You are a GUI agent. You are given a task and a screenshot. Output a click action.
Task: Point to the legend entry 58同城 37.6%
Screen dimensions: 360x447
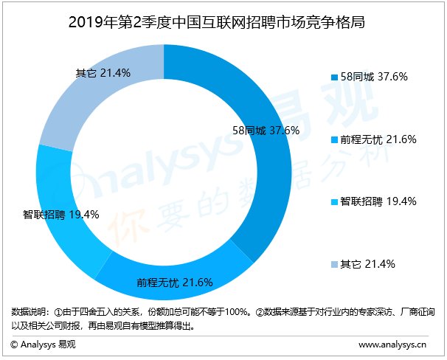(x=373, y=76)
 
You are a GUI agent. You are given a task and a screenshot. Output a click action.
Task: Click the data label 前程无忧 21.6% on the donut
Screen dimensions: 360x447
(x=175, y=282)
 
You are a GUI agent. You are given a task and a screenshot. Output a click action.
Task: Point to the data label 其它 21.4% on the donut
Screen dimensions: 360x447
(x=103, y=73)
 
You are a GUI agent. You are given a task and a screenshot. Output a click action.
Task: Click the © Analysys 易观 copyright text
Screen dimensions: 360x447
(x=43, y=344)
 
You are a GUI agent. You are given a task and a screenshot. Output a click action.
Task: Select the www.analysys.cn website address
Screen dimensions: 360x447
(x=392, y=344)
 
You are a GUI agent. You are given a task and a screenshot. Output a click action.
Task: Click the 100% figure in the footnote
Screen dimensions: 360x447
(x=237, y=311)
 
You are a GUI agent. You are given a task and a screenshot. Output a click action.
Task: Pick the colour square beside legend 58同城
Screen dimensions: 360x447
(x=334, y=77)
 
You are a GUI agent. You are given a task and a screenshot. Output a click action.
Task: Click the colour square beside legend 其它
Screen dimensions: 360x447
(x=334, y=264)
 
